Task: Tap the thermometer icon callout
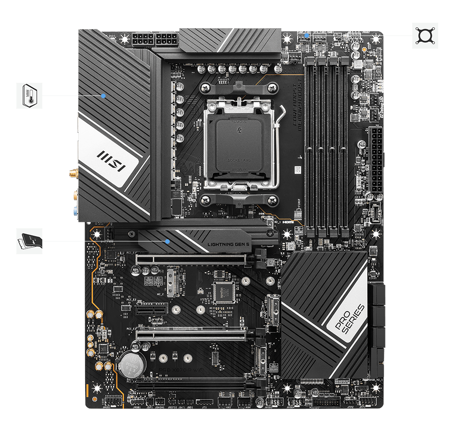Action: pos(30,95)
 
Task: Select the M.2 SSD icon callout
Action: pos(30,241)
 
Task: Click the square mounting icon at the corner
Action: pos(425,35)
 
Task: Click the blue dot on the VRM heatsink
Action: pos(104,95)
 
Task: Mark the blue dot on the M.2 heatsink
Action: pos(168,241)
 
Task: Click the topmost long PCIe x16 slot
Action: pos(191,259)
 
